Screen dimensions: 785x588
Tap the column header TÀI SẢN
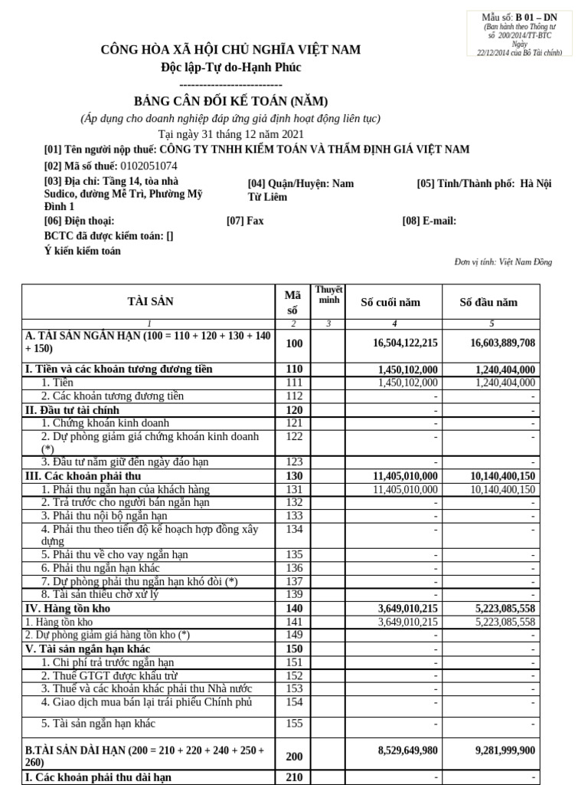click(149, 301)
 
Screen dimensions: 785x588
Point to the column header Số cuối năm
click(390, 302)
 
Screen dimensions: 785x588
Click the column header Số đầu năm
click(488, 302)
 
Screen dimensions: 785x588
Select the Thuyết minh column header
click(328, 294)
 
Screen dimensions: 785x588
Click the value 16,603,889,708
click(503, 343)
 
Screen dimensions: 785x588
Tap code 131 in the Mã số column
click(294, 489)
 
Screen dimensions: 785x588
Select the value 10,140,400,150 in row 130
click(503, 476)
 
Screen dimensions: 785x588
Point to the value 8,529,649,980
click(407, 751)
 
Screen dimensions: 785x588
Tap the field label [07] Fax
click(245, 221)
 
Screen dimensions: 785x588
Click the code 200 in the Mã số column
click(294, 756)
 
